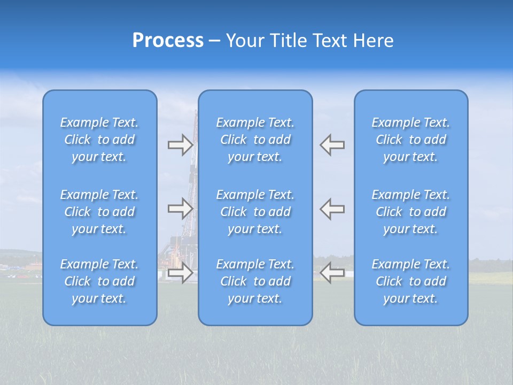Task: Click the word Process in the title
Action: click(x=168, y=41)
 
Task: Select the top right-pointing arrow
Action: click(x=180, y=145)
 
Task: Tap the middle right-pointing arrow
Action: click(x=180, y=209)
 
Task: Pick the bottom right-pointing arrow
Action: click(x=180, y=273)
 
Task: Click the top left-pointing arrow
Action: click(x=332, y=145)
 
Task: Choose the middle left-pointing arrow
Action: click(x=332, y=209)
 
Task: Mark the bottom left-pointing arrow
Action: click(x=332, y=273)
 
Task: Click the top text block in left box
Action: click(x=99, y=140)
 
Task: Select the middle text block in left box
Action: click(x=99, y=212)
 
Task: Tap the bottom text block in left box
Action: click(x=99, y=281)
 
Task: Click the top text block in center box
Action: click(x=255, y=140)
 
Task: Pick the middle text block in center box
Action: click(x=255, y=212)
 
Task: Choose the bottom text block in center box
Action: click(x=255, y=281)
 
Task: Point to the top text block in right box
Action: click(x=410, y=140)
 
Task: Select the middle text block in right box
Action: click(x=410, y=212)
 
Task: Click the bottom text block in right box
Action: click(x=410, y=281)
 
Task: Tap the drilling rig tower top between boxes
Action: click(x=196, y=115)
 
